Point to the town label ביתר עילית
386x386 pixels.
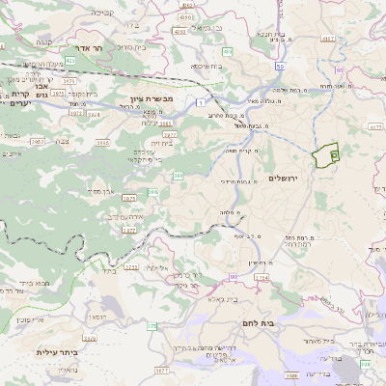[55, 353]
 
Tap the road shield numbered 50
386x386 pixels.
[280, 66]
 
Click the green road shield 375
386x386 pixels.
[151, 327]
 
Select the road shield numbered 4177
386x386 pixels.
[374, 125]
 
